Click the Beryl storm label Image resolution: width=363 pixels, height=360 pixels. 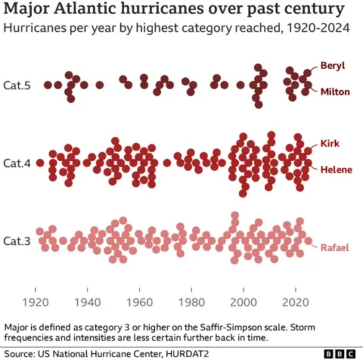332,65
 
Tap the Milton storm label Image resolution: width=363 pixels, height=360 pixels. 335,91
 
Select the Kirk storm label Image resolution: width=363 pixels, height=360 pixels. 330,143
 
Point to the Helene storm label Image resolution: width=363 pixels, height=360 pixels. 336,169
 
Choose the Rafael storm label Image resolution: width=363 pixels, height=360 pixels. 334,248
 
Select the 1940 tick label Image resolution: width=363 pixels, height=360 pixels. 87,302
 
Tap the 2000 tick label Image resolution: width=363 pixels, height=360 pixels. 244,302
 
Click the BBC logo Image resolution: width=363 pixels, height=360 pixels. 338,353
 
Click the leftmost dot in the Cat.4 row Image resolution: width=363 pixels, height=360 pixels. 40,163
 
